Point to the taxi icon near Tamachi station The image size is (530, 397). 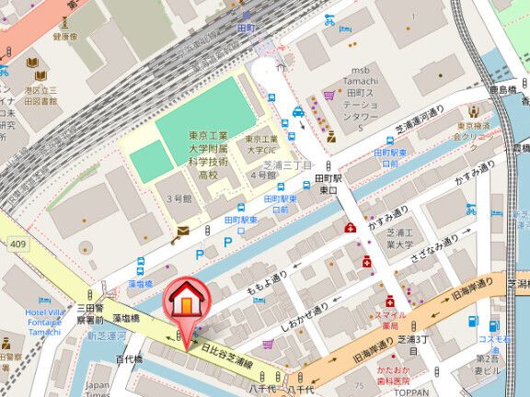[x=298, y=112]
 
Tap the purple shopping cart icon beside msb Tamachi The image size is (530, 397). [x=328, y=95]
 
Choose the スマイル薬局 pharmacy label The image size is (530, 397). [x=390, y=319]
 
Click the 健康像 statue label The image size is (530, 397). [x=64, y=38]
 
